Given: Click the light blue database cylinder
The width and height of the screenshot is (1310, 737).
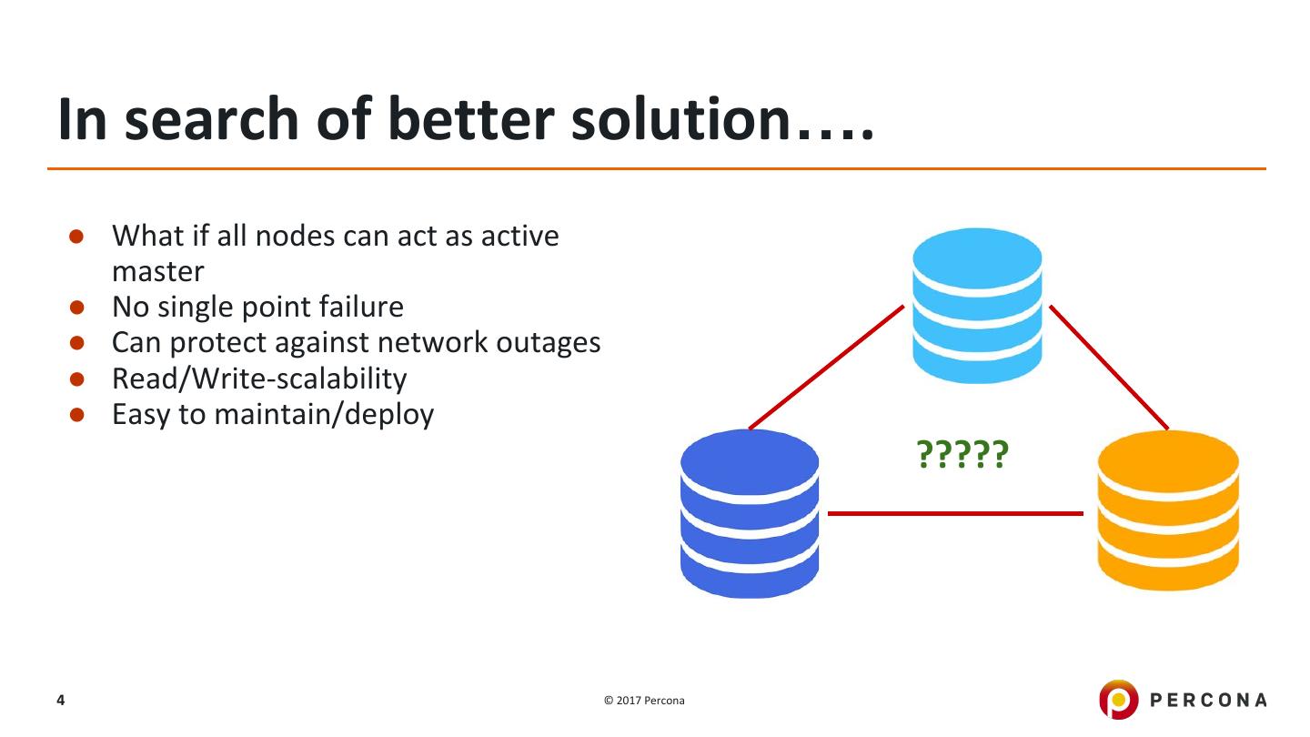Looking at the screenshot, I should click(x=977, y=305).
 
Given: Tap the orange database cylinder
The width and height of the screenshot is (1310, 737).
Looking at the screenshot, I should click(x=1168, y=510).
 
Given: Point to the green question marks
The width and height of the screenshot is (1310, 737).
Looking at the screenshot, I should click(x=962, y=454).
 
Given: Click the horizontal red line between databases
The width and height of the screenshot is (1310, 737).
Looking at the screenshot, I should click(x=955, y=513).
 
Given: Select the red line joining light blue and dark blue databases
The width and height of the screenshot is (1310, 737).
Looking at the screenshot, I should click(x=826, y=367).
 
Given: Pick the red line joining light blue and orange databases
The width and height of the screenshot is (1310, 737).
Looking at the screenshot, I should click(x=1109, y=367).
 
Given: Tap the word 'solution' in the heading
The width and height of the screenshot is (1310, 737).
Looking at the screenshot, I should click(x=680, y=119).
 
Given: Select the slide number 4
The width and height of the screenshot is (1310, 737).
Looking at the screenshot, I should click(x=61, y=700).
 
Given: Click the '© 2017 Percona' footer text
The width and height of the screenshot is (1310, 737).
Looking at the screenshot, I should click(x=644, y=701).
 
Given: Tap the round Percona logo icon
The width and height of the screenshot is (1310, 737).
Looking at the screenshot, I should click(x=1118, y=700).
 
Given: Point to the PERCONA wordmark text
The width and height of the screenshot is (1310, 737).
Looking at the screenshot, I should click(x=1208, y=701).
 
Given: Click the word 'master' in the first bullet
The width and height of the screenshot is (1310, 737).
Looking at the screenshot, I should click(x=157, y=271).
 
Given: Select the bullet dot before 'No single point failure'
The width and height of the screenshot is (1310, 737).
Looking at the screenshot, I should click(x=76, y=308).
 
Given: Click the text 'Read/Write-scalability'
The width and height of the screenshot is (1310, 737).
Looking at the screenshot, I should click(x=259, y=379).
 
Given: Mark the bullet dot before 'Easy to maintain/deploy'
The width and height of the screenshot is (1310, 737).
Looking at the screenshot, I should click(x=76, y=415).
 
